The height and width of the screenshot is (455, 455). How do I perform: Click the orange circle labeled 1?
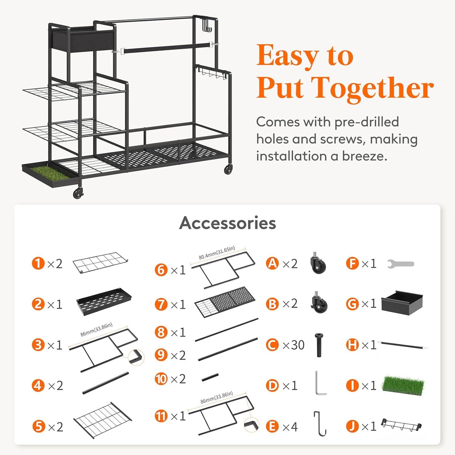click(38, 263)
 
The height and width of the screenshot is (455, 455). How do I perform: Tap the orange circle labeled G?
click(352, 304)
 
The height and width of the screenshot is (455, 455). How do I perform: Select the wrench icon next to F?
click(401, 264)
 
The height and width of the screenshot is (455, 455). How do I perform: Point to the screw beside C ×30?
click(319, 345)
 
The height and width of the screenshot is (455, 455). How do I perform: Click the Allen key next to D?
click(319, 383)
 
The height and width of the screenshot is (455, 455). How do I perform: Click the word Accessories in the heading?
click(227, 223)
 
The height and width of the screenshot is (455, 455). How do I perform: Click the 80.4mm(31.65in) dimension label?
click(217, 253)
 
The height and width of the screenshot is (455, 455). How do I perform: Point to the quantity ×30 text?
click(293, 345)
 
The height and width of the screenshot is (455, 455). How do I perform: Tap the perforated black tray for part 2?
click(104, 302)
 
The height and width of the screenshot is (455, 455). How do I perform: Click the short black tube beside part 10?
click(210, 378)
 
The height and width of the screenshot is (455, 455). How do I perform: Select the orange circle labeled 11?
click(161, 416)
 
